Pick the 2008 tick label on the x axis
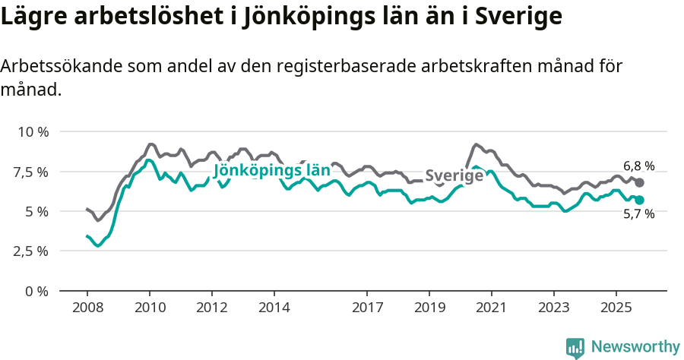pos(87,308)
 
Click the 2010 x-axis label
pos(149,308)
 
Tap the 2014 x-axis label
pos(274,308)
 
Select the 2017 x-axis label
pos(367,308)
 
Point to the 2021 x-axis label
pos(491,308)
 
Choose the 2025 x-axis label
pos(616,308)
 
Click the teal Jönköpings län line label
pos(271,170)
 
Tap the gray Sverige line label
pos(454,175)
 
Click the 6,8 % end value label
pos(638,166)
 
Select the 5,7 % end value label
pos(638,214)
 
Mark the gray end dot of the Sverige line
pos(640,183)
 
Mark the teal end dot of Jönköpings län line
pos(640,200)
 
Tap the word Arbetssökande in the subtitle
pos(50,67)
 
